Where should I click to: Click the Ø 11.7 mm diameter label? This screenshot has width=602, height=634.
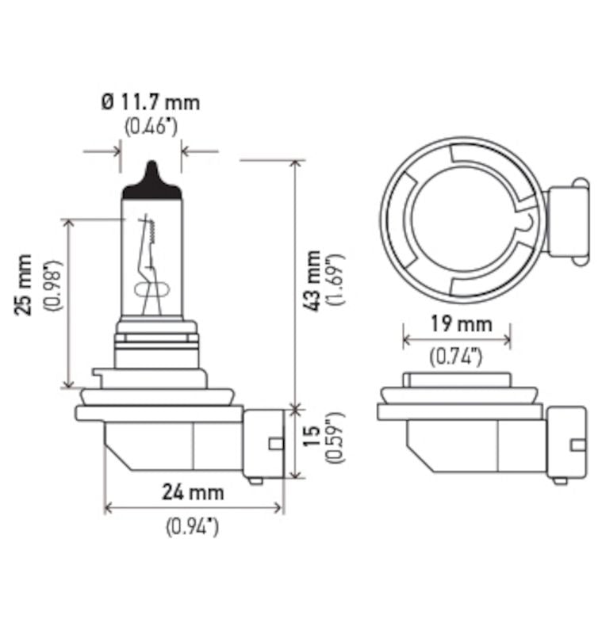[150, 101]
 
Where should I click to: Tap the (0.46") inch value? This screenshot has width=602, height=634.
[150, 126]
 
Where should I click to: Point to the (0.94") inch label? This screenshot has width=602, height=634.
[193, 525]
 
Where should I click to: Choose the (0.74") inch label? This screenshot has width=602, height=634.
[456, 357]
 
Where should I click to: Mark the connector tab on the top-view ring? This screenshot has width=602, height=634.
[567, 221]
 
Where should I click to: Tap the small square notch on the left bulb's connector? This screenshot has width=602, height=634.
[275, 443]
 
